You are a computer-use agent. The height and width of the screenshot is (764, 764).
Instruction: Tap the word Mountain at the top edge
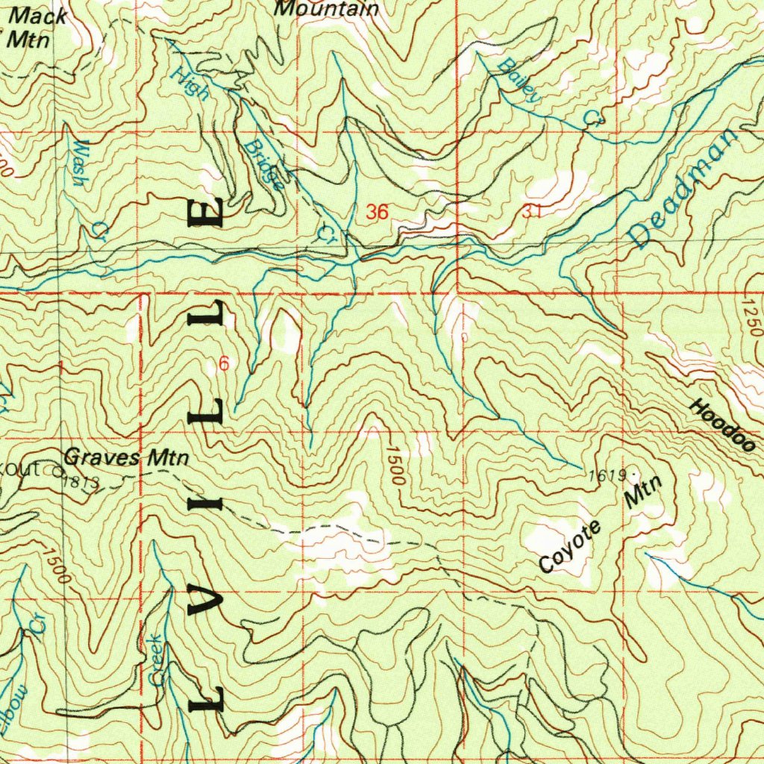(327, 9)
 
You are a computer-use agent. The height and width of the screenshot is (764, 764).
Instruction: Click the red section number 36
(377, 212)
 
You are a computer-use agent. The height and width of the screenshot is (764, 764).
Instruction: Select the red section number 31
(531, 211)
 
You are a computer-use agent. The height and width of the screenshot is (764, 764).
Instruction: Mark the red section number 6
(224, 364)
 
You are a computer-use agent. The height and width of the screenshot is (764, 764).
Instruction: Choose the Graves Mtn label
(126, 457)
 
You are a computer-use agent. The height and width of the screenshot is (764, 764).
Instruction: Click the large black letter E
(205, 213)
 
